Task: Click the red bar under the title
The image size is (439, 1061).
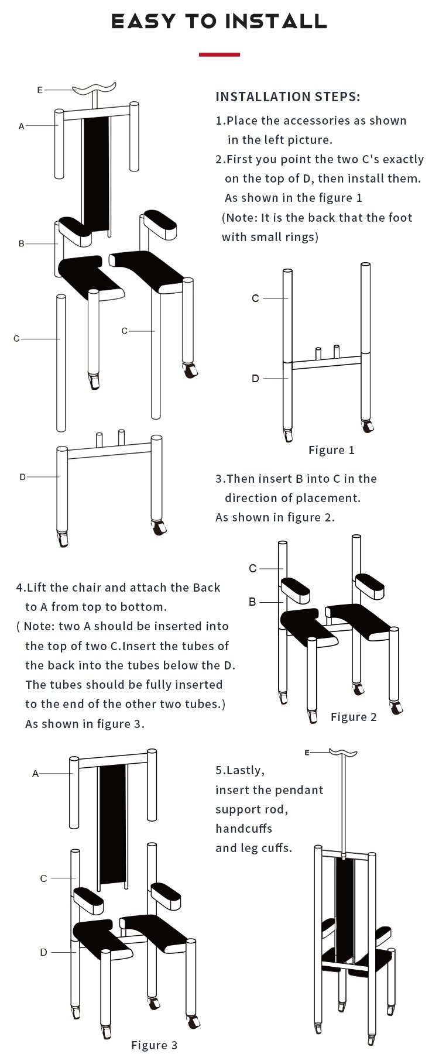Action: click(220, 54)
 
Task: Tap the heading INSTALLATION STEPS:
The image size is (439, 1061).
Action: click(288, 97)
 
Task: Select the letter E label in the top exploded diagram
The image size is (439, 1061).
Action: click(40, 90)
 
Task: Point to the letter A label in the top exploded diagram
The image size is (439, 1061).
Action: click(22, 126)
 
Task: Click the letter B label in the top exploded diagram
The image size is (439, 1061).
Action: click(22, 243)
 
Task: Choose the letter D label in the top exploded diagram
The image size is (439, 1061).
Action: click(23, 477)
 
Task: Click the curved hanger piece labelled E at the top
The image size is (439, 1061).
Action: click(93, 90)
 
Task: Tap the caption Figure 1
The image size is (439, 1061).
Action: click(331, 449)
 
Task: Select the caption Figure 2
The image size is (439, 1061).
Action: click(354, 717)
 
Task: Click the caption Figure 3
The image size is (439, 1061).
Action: click(154, 1045)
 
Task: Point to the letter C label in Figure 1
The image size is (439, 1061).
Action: click(255, 298)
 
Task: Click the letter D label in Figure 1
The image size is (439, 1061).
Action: click(255, 379)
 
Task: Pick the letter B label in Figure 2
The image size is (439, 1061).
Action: click(252, 602)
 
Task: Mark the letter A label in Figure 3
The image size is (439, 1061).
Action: click(35, 774)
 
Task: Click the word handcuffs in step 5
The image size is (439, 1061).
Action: click(243, 828)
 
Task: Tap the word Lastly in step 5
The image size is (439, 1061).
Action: click(246, 770)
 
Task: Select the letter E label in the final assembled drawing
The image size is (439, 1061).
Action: click(307, 752)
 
